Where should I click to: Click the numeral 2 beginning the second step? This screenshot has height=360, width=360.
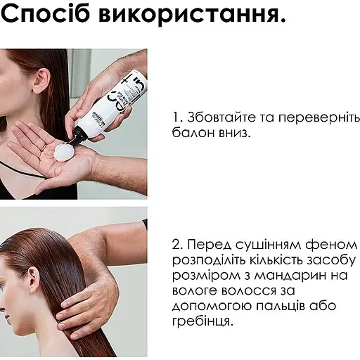(x=176, y=245)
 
